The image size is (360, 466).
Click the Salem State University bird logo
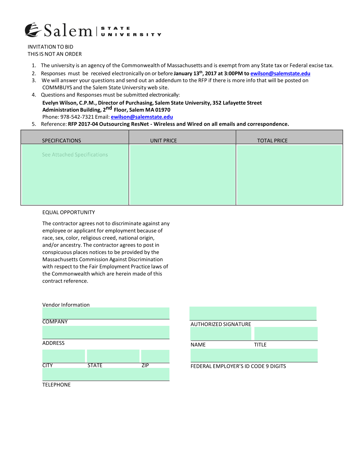click(x=32, y=30)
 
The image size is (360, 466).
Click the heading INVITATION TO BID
click(x=50, y=47)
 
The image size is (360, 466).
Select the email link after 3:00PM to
click(x=280, y=73)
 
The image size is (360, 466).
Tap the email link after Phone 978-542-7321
click(x=142, y=117)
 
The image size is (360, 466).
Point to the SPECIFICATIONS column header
click(x=61, y=140)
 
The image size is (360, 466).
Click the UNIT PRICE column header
click(x=163, y=140)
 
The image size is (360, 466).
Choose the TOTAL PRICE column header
click(x=272, y=140)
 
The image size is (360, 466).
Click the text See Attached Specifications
click(x=75, y=155)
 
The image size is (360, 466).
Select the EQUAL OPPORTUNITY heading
click(x=69, y=212)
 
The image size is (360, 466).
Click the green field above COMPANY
click(x=106, y=313)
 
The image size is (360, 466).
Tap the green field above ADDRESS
click(x=106, y=332)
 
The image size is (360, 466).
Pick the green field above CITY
click(x=64, y=356)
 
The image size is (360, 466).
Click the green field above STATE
click(x=113, y=356)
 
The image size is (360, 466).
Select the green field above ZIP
click(x=155, y=356)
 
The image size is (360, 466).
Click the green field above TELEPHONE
click(x=106, y=374)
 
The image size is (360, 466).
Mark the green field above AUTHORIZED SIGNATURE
click(x=253, y=313)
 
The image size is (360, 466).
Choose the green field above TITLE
click(x=286, y=334)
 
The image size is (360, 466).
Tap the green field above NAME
click(x=221, y=334)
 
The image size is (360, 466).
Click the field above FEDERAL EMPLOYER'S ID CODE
click(x=254, y=355)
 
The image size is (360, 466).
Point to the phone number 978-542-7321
click(x=77, y=117)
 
